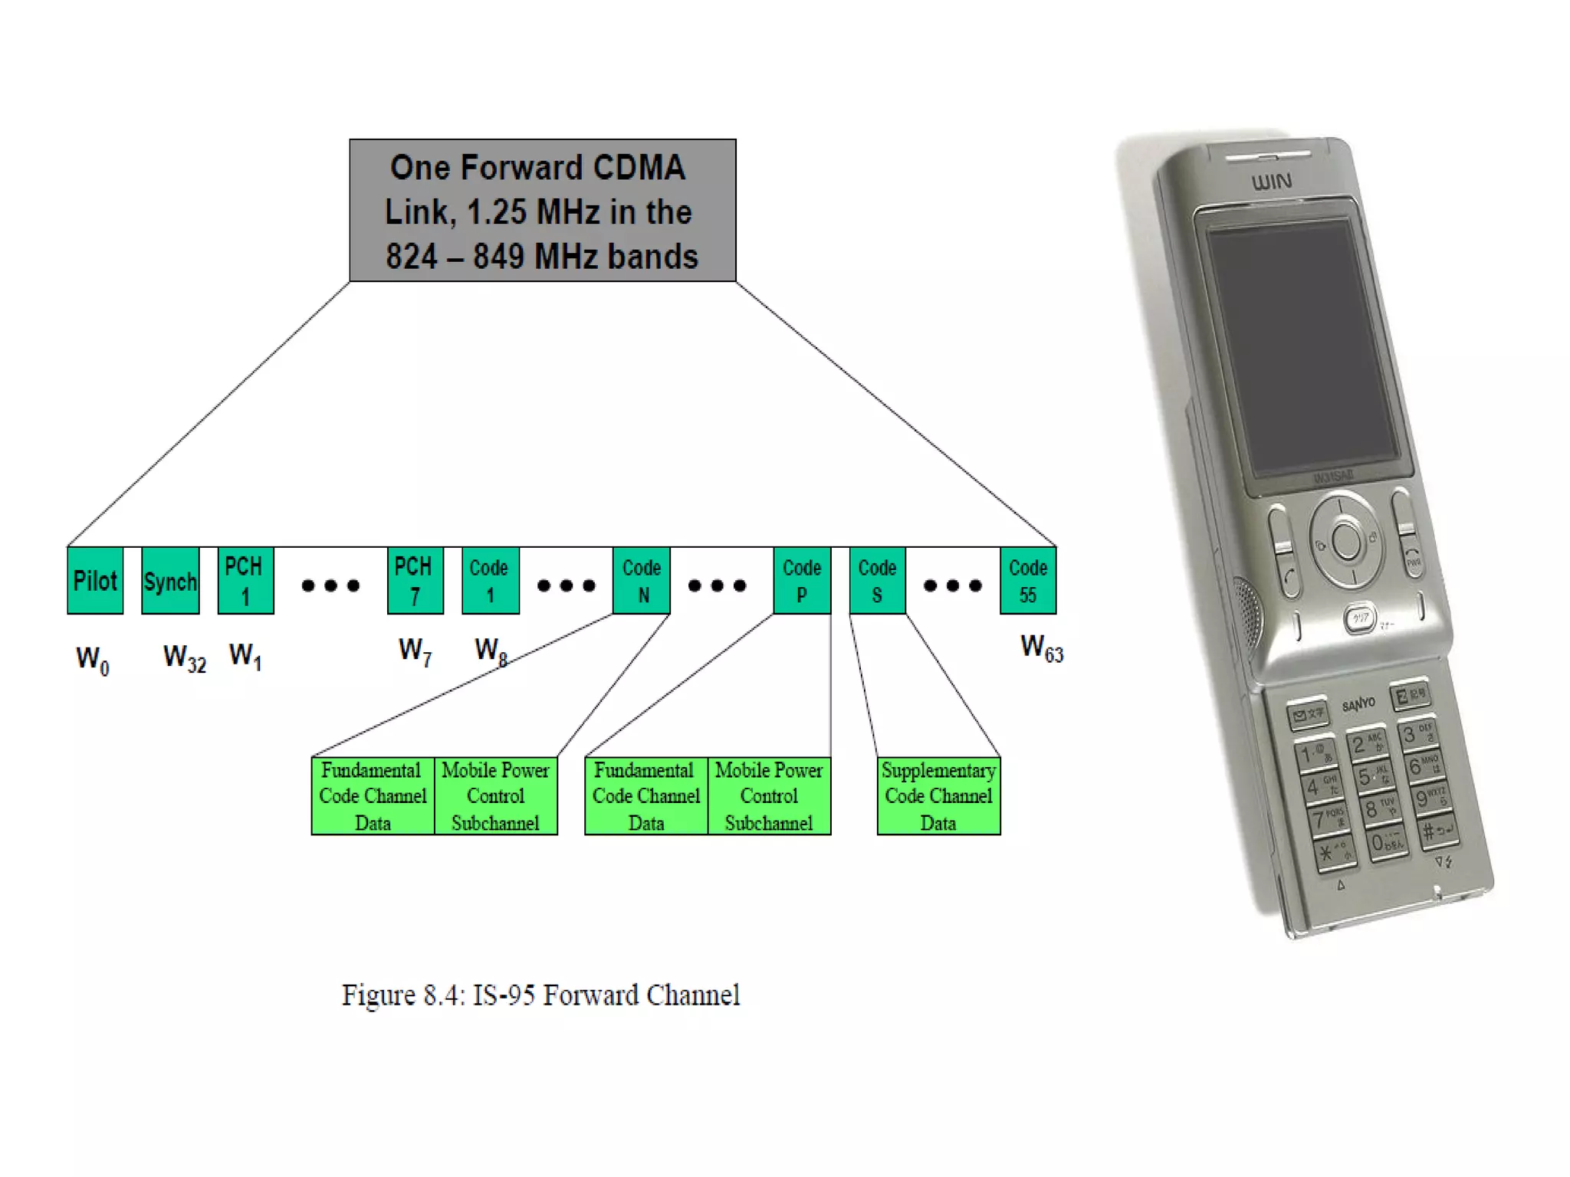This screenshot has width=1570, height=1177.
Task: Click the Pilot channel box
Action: [95, 580]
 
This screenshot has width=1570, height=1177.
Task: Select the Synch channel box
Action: [170, 580]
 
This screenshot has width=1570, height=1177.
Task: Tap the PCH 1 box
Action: [245, 580]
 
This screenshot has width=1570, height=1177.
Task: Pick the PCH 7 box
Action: [415, 580]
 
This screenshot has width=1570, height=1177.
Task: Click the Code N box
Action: [642, 580]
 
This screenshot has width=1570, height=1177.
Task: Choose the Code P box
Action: [802, 580]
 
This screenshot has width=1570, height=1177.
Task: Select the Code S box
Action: [877, 580]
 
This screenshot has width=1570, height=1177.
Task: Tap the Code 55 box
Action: [1028, 580]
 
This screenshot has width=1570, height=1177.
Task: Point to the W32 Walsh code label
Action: [185, 657]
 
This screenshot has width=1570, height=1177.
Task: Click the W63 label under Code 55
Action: [1042, 648]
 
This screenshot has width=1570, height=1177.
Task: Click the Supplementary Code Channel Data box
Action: [938, 795]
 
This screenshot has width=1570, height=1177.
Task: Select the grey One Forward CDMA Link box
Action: [542, 211]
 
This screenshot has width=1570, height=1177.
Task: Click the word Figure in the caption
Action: [378, 995]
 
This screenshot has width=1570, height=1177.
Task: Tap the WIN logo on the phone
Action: [1272, 182]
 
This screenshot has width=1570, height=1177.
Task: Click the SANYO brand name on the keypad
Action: [1358, 703]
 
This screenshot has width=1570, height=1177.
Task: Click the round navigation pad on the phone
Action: [1346, 541]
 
